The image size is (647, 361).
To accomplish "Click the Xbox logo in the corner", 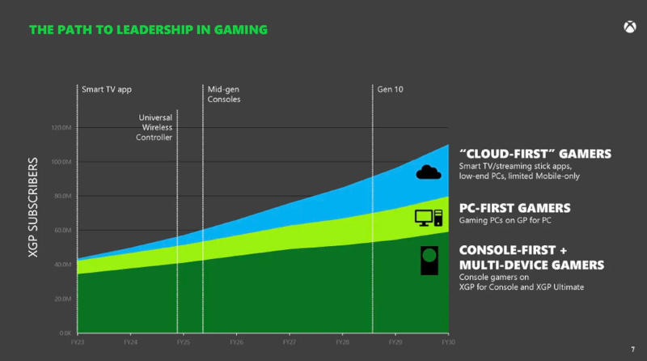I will [x=627, y=28].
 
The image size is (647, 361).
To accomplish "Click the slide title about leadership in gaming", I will [x=148, y=30].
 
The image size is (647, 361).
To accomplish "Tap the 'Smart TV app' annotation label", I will [x=107, y=88].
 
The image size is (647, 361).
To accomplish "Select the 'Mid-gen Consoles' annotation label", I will [x=225, y=94].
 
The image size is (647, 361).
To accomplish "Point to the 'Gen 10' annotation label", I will [x=390, y=88].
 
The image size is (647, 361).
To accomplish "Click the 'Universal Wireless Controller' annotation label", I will [x=154, y=127].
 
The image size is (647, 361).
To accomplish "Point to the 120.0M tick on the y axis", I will [x=60, y=128].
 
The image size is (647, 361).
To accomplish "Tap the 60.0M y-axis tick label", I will [x=61, y=231].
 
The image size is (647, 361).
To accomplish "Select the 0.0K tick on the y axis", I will [x=63, y=333].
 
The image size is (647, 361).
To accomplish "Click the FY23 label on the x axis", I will [x=78, y=342].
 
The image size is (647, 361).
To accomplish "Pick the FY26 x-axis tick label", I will [x=236, y=342].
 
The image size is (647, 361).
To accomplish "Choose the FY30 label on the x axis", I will [x=448, y=342].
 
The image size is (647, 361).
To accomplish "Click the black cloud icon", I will [x=429, y=171].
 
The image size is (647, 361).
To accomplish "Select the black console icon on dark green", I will [x=429, y=261].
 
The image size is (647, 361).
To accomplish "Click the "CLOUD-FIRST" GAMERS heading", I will [x=535, y=154].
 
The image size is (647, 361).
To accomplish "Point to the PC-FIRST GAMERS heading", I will [x=515, y=207].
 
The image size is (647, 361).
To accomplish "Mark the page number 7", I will [x=632, y=349].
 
